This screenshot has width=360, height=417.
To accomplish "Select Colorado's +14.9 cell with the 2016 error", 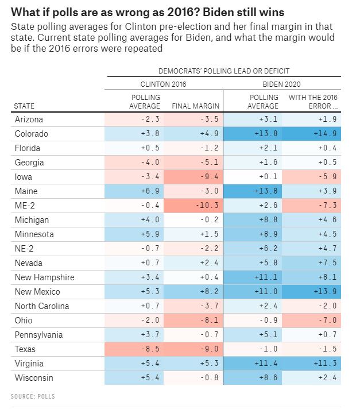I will [312, 134].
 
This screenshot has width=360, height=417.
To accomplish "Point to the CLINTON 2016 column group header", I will [163, 84].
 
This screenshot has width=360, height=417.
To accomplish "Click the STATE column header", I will [24, 106].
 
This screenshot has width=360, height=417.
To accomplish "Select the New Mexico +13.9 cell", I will [312, 292].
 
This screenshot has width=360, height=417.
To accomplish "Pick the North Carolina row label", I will [41, 306].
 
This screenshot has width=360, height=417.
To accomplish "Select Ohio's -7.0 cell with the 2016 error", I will [312, 321].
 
